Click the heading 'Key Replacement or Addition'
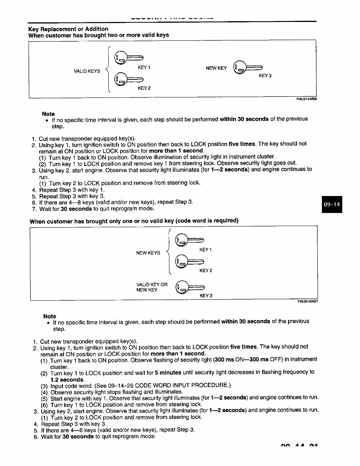68,29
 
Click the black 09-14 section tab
332,205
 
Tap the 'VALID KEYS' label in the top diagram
87,71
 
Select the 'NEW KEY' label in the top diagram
216,68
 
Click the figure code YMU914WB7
307,302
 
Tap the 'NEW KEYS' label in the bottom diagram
148,253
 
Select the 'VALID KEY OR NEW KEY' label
152,287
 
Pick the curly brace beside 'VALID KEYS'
108,70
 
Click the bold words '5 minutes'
168,372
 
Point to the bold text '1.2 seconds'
67,380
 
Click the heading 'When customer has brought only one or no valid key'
134,221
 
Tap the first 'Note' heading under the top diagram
48,114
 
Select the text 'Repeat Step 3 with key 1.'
72,190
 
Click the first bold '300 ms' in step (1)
224,359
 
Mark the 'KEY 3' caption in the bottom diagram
206,296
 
